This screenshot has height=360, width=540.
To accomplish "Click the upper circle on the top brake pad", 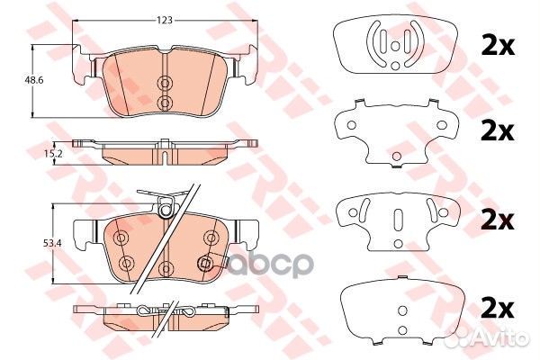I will [x=165, y=83].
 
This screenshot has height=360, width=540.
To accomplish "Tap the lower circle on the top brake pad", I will [x=165, y=101].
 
